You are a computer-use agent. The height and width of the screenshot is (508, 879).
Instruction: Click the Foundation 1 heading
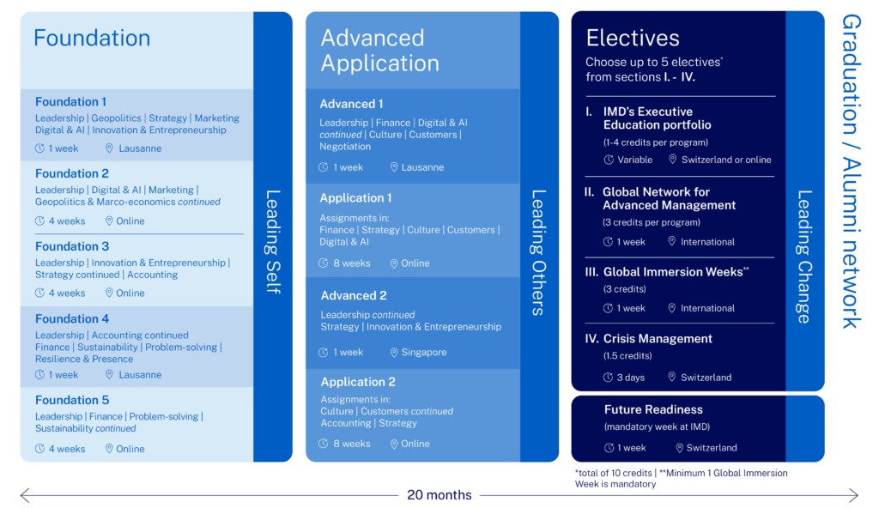point(71,102)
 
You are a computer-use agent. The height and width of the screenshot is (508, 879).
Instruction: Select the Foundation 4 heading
point(72,319)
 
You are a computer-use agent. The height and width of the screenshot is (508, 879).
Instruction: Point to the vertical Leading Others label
point(539,252)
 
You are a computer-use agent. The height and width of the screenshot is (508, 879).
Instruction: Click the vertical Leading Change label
point(804,257)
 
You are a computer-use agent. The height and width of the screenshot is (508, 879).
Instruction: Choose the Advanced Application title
point(379,51)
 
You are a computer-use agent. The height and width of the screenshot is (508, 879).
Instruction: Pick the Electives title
point(633,38)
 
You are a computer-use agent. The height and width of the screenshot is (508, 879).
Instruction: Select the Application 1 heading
point(355,198)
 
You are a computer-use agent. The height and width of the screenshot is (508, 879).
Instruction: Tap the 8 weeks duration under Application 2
point(352,444)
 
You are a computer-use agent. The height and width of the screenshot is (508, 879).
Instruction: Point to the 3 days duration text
point(630,378)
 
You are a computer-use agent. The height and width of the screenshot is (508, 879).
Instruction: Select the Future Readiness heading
point(653,410)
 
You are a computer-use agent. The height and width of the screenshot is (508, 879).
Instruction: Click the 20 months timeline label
point(439,495)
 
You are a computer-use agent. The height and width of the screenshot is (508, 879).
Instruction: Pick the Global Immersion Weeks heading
point(675,272)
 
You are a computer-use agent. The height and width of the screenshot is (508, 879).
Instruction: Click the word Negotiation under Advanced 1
point(345,147)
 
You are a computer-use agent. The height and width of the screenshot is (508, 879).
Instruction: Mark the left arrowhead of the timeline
point(23,495)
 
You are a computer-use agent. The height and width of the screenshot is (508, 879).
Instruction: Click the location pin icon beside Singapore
point(394,353)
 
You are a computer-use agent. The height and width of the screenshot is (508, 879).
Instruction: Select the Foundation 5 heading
point(72,400)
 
